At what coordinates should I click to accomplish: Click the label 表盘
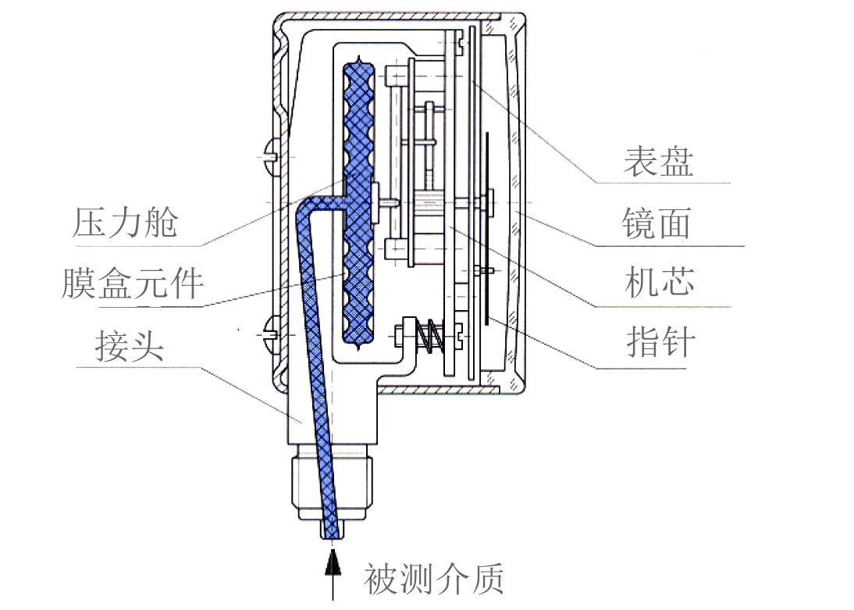click(658, 162)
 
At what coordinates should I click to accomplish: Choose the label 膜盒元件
click(133, 283)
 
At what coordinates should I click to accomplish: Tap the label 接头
click(130, 344)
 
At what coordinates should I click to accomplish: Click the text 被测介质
click(434, 579)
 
